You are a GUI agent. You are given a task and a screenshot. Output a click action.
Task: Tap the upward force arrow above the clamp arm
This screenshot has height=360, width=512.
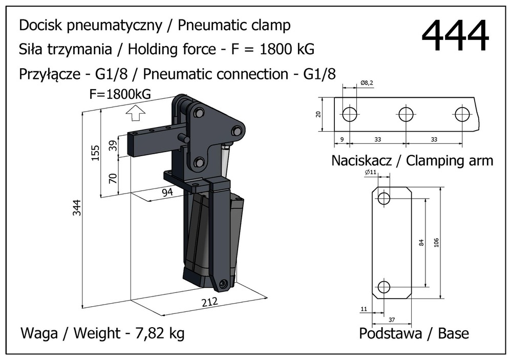click(x=135, y=113)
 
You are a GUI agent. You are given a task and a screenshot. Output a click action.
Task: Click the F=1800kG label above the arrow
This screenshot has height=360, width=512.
click(x=120, y=95)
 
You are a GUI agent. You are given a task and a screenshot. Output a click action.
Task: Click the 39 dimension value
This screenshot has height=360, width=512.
click(x=113, y=145)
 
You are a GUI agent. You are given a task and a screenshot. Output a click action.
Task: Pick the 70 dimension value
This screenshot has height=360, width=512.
click(x=113, y=178)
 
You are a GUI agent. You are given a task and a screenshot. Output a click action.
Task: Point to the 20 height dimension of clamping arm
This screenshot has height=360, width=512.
click(x=318, y=114)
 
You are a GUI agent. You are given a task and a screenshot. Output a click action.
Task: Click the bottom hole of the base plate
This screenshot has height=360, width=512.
click(x=384, y=287)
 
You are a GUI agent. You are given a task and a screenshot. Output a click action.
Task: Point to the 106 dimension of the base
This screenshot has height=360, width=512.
click(x=436, y=242)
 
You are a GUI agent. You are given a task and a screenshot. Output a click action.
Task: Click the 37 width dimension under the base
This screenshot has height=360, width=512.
click(x=392, y=320)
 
